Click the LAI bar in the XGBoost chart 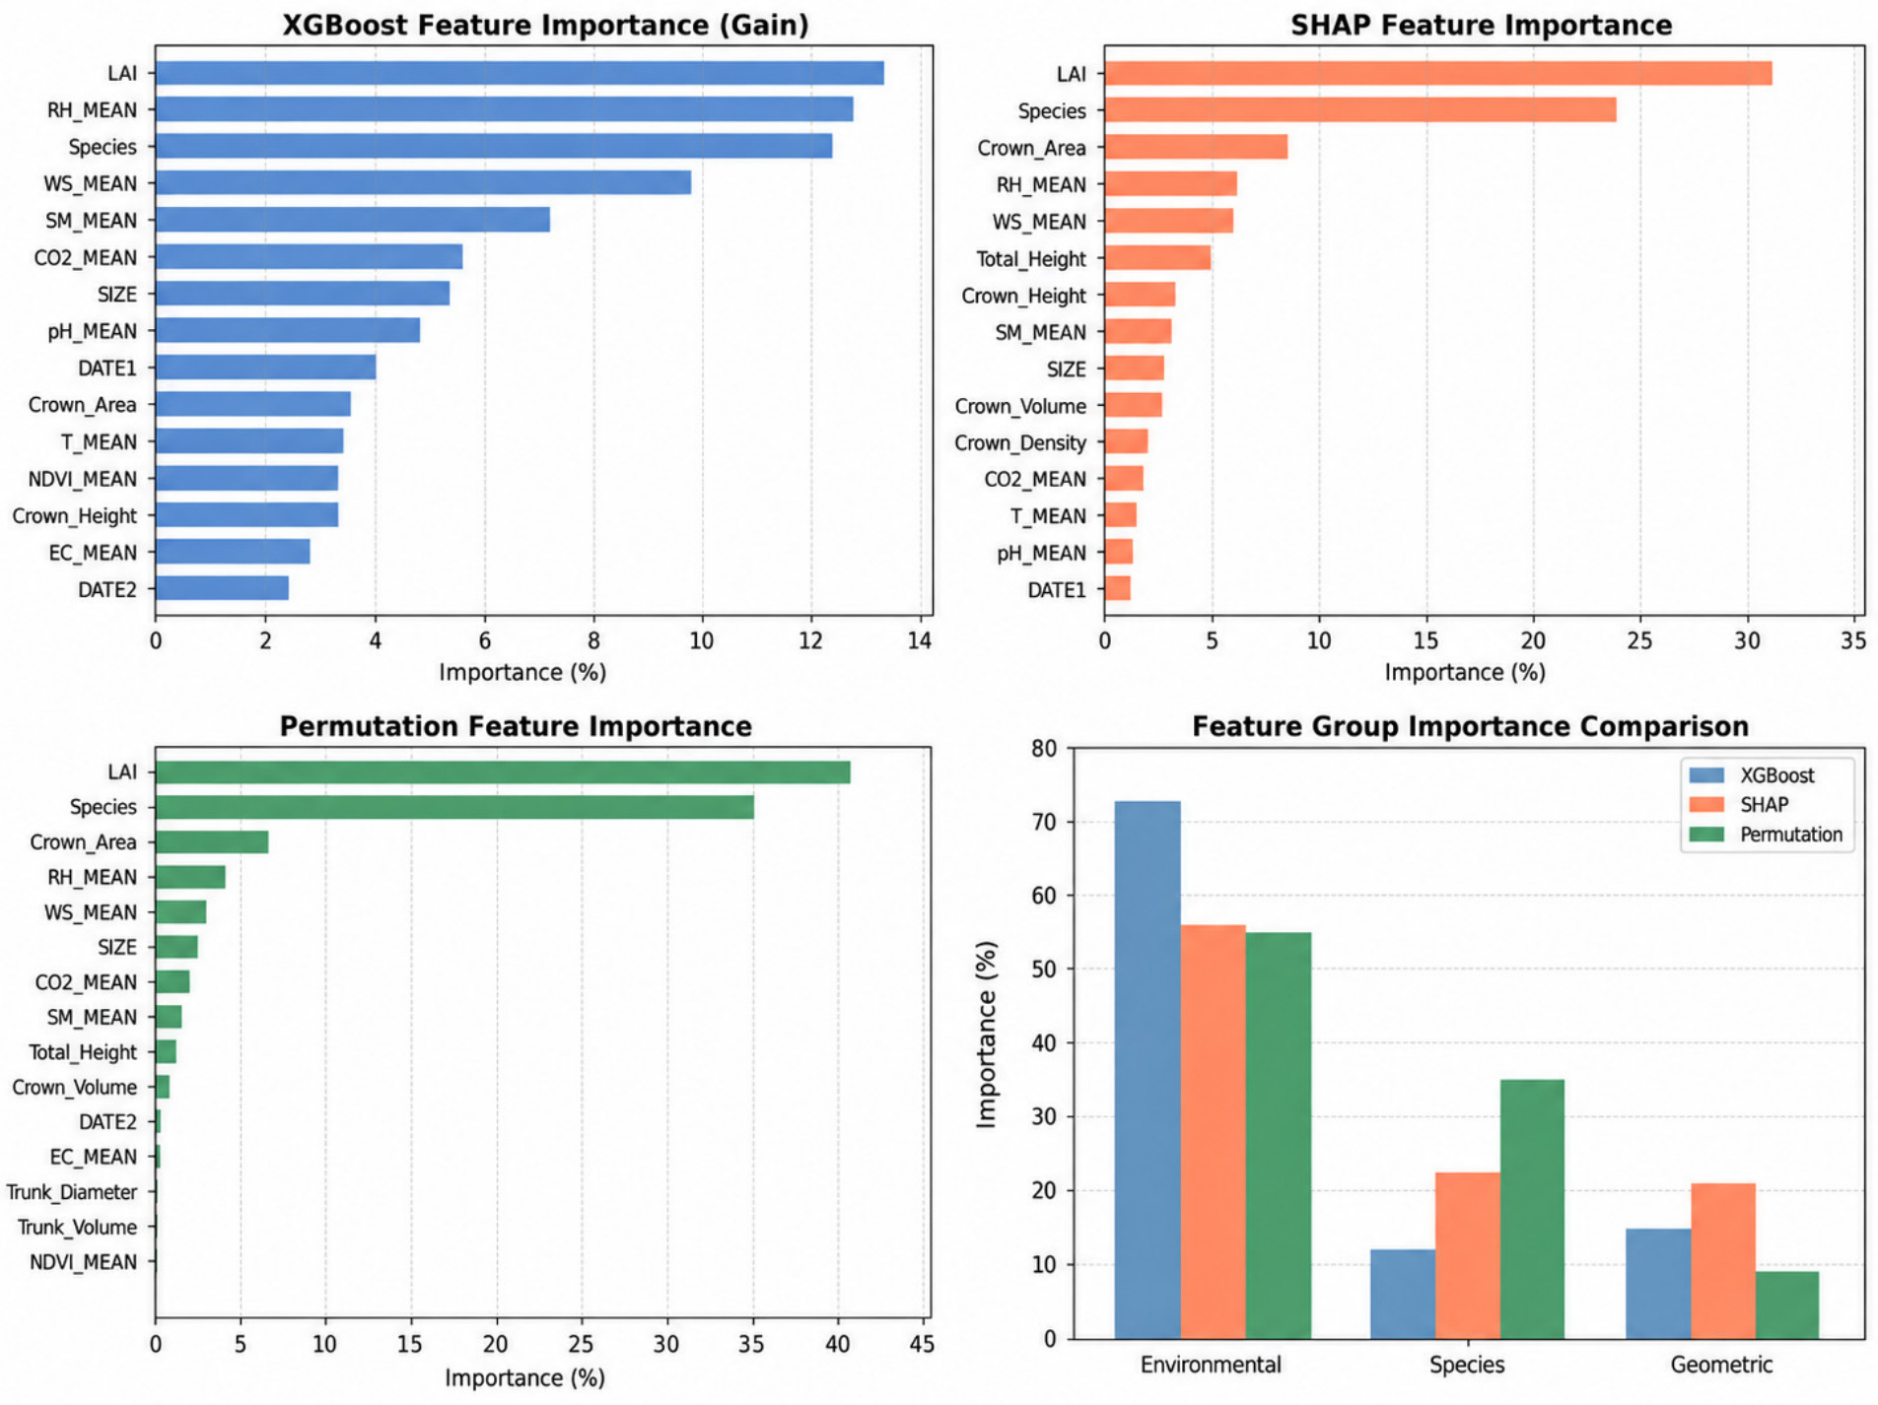coord(520,73)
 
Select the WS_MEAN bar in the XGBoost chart coord(423,183)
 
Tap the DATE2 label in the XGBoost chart coord(107,590)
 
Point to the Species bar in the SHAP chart coord(1360,110)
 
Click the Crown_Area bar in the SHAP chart coord(1196,148)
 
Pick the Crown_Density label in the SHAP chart coord(1020,443)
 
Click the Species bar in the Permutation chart coord(454,807)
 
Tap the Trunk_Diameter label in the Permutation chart coord(72,1193)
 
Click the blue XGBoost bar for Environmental coord(1148,1070)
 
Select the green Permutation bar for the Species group coord(1532,1210)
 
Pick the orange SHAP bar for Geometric coord(1723,1261)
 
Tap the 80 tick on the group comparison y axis coord(1044,749)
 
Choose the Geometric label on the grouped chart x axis coord(1721,1366)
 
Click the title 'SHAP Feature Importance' coord(1482,26)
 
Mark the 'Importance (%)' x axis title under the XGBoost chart coord(522,673)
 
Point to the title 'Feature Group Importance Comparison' coord(1471,727)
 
